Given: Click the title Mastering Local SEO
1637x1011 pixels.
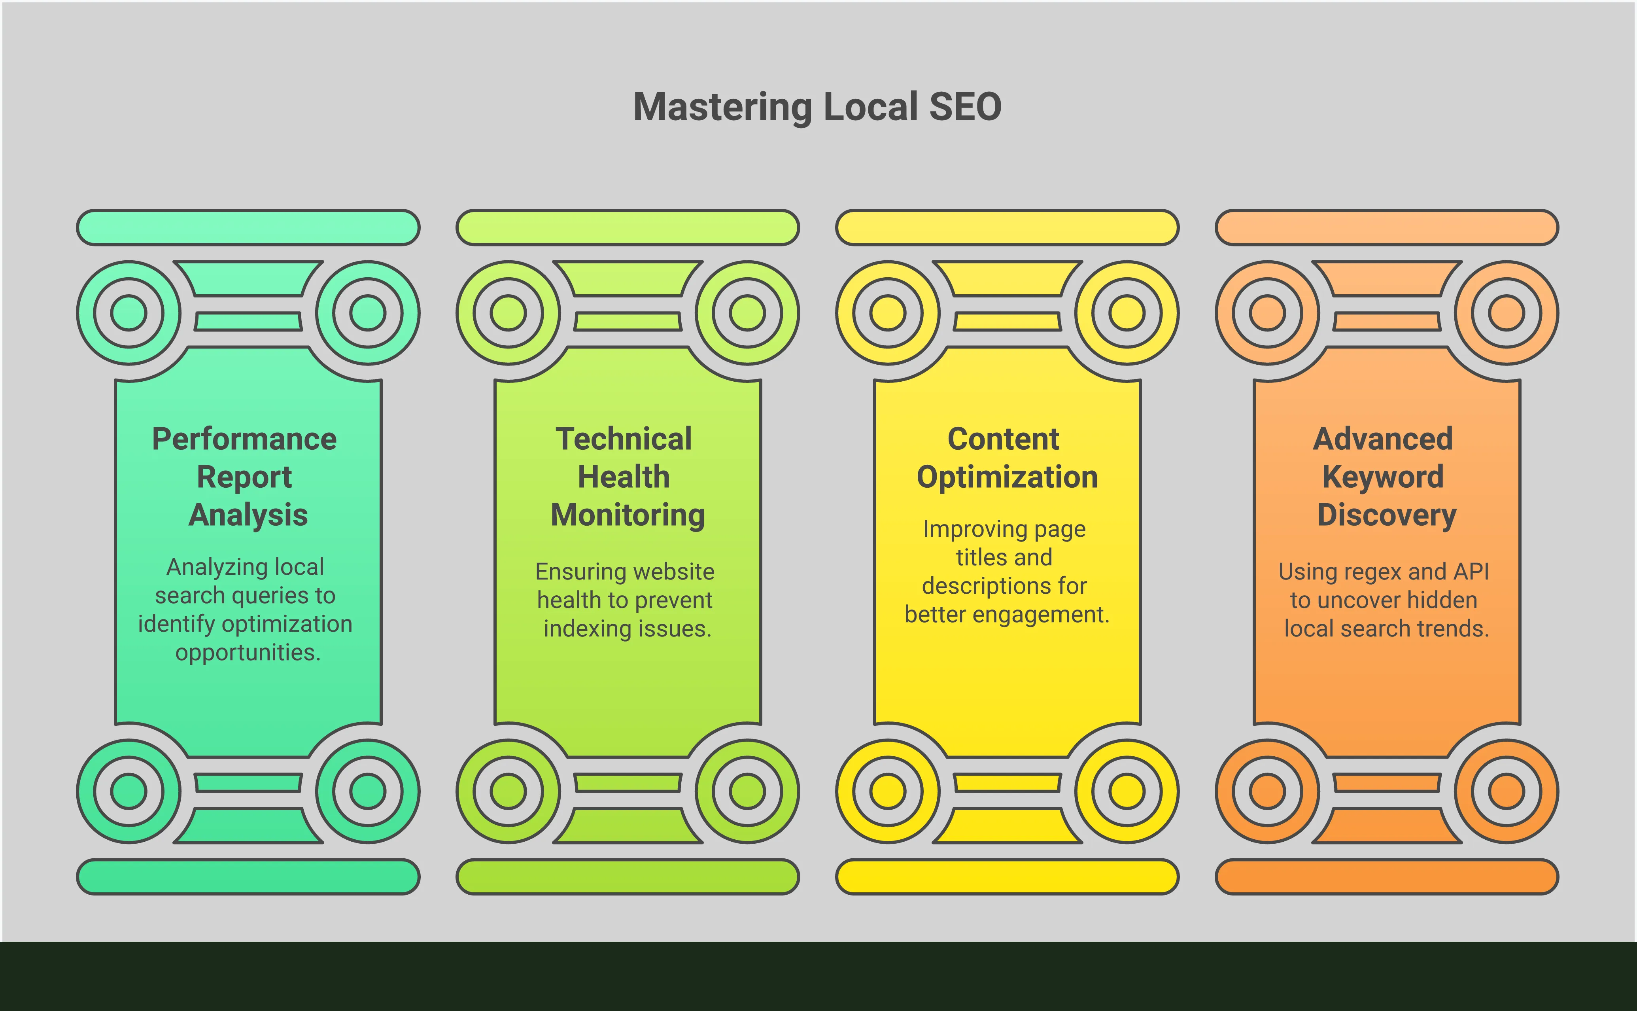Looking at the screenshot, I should coord(817,107).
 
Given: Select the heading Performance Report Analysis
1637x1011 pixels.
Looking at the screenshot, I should coord(245,477).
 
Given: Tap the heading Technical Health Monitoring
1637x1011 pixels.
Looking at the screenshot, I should coord(626,477).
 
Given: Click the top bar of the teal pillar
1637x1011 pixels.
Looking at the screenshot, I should coord(248,227).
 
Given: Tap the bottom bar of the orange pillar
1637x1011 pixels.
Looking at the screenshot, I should coord(1386,877).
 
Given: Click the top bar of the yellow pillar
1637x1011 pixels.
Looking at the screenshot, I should coord(1007,227).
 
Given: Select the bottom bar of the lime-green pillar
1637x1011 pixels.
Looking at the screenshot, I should coord(628,877).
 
